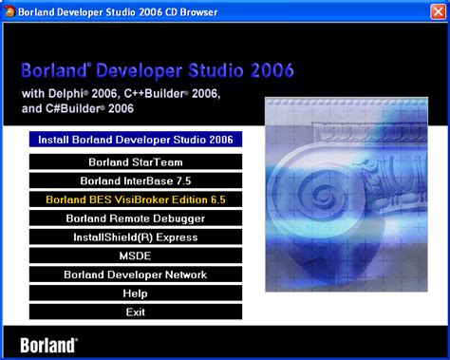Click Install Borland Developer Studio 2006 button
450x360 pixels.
click(136, 139)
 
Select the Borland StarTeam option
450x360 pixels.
click(136, 161)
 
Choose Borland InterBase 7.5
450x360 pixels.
click(136, 180)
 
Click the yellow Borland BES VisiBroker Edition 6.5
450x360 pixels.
click(136, 199)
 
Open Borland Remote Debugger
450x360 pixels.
click(136, 218)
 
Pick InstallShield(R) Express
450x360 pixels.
click(136, 237)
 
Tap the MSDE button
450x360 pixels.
click(136, 256)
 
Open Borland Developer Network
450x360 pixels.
click(136, 275)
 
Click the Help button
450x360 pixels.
click(136, 294)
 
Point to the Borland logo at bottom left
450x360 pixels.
click(48, 343)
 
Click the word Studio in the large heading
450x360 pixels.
click(214, 71)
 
